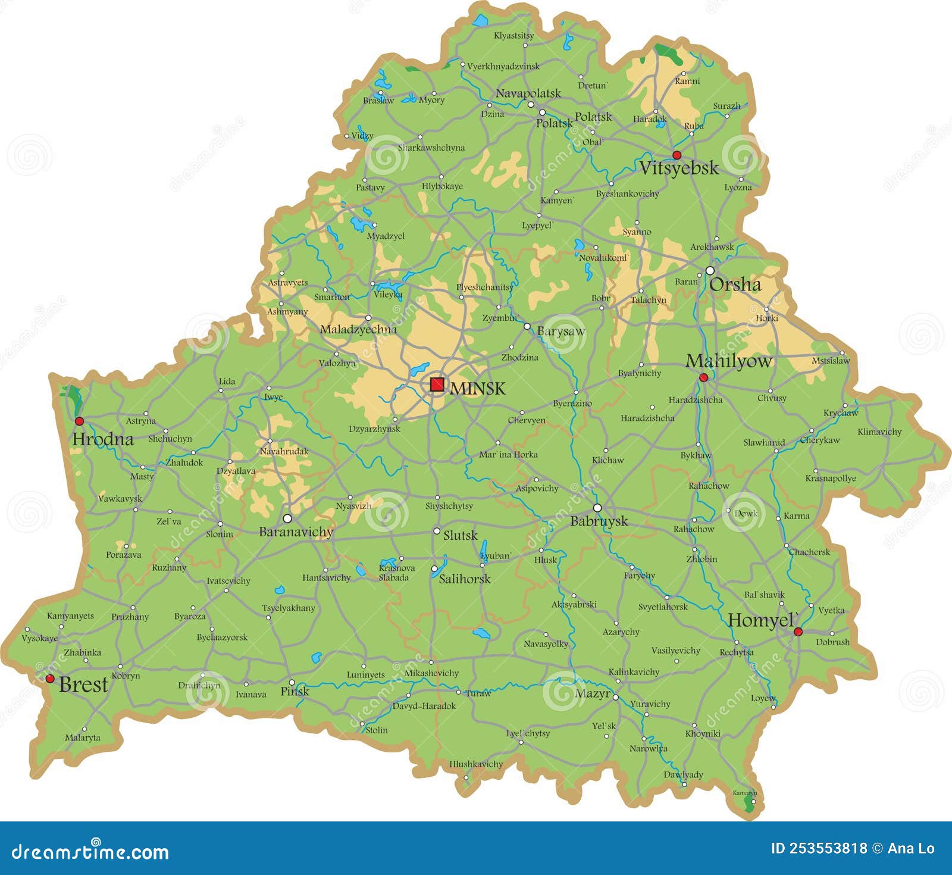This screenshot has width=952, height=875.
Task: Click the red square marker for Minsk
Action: click(x=437, y=385)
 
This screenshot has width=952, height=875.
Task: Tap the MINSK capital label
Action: click(x=477, y=389)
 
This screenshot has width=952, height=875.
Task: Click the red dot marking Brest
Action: click(x=50, y=679)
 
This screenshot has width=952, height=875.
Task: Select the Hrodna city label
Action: click(x=102, y=440)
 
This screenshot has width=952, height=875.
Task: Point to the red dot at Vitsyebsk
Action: click(x=677, y=155)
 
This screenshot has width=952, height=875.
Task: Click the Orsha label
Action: click(x=735, y=285)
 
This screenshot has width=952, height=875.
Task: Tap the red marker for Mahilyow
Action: click(x=703, y=377)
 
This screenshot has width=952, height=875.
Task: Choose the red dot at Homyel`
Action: click(x=798, y=632)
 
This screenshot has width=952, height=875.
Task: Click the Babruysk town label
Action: click(x=599, y=521)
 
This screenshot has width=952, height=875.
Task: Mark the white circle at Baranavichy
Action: click(x=287, y=518)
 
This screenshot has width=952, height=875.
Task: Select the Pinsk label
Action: click(x=295, y=691)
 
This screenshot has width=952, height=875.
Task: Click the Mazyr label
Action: click(x=592, y=693)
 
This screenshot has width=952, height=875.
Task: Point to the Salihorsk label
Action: click(x=465, y=579)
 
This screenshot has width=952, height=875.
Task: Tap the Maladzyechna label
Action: click(x=358, y=330)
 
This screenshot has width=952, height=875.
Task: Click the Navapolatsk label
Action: click(x=528, y=93)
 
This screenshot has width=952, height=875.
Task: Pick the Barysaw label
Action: click(x=560, y=332)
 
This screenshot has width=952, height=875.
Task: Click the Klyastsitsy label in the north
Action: click(x=513, y=36)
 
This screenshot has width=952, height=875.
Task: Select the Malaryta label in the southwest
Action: click(x=82, y=738)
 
